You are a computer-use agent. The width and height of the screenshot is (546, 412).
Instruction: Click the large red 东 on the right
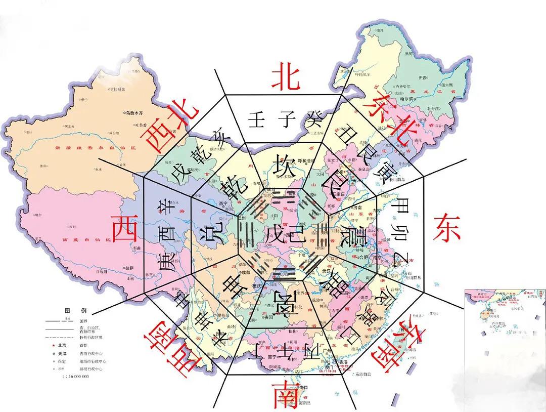[x=446, y=228]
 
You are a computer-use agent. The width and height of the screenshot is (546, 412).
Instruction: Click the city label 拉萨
[x=130, y=267]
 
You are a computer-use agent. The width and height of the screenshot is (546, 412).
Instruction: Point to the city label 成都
[x=246, y=272]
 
